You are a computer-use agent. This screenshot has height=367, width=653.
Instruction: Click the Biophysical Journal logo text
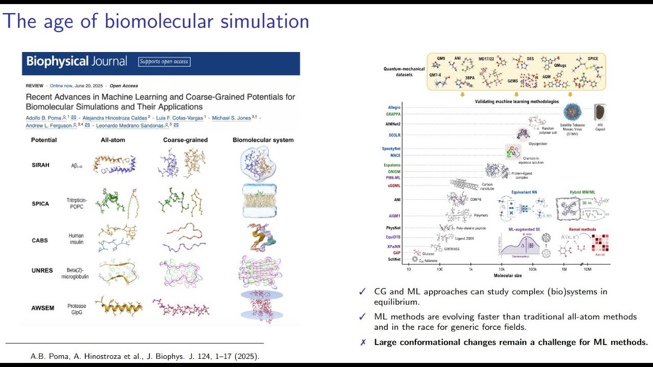click(77, 62)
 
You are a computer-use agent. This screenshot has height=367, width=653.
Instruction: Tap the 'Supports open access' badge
click(164, 62)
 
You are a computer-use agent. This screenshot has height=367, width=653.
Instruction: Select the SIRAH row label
click(40, 165)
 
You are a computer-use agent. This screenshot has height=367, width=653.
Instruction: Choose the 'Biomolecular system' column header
click(263, 140)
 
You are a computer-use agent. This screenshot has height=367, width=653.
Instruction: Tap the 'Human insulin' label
click(76, 239)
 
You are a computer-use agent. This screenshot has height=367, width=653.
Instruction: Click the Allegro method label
click(394, 108)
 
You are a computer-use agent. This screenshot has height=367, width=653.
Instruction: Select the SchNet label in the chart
click(394, 259)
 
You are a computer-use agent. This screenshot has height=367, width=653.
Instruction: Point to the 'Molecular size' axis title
click(508, 276)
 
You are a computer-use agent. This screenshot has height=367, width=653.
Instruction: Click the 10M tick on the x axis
click(587, 269)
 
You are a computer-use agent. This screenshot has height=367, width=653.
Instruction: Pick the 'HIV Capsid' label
click(599, 127)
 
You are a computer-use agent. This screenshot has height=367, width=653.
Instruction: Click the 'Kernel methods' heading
click(582, 229)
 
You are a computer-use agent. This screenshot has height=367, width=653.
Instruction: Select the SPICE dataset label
click(592, 59)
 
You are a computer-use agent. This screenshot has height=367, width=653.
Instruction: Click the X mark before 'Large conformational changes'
click(363, 343)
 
